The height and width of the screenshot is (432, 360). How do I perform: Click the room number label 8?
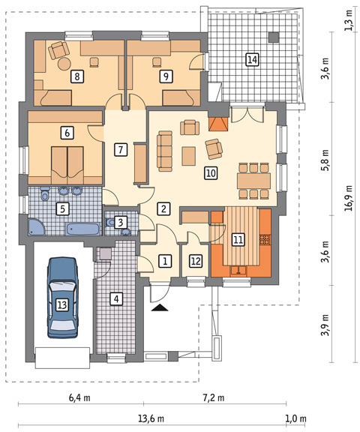(76, 76)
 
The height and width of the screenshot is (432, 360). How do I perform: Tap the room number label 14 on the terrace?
(252, 59)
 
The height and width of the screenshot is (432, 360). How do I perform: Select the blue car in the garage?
(62, 297)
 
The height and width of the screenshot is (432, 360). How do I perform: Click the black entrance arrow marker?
(160, 307)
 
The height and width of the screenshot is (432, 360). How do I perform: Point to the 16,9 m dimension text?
(349, 198)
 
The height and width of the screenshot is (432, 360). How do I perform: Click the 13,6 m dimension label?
(151, 418)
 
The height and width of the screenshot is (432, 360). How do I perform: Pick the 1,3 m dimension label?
(349, 21)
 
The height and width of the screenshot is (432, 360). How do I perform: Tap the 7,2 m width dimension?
(214, 397)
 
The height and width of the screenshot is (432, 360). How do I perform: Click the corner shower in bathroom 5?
(37, 226)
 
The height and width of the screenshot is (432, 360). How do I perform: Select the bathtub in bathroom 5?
(82, 229)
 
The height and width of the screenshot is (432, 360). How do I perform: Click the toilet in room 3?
(109, 222)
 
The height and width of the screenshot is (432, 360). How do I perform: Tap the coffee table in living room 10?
(189, 156)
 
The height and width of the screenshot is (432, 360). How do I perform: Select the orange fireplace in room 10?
(219, 124)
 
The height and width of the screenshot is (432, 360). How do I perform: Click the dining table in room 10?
(253, 181)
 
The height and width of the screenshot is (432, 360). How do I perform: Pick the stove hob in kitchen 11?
(265, 239)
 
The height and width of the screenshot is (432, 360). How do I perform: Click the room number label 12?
(196, 261)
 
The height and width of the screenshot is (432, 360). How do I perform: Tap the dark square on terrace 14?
(274, 37)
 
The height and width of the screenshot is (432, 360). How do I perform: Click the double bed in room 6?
(67, 165)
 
